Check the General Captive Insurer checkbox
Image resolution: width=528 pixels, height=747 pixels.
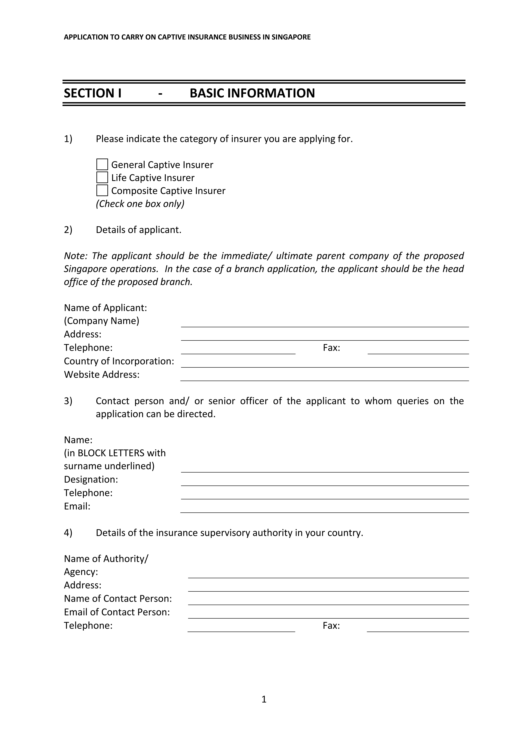pos(102,165)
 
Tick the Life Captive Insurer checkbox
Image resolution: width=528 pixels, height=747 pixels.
pos(102,178)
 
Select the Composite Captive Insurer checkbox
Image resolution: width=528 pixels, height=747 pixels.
pos(102,191)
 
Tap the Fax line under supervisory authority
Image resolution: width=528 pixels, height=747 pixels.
pos(418,628)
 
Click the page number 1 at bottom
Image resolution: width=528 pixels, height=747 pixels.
pos(264,699)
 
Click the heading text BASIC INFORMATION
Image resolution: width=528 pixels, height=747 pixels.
pos(252,93)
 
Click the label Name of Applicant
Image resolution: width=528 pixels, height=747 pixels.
pos(105,308)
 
